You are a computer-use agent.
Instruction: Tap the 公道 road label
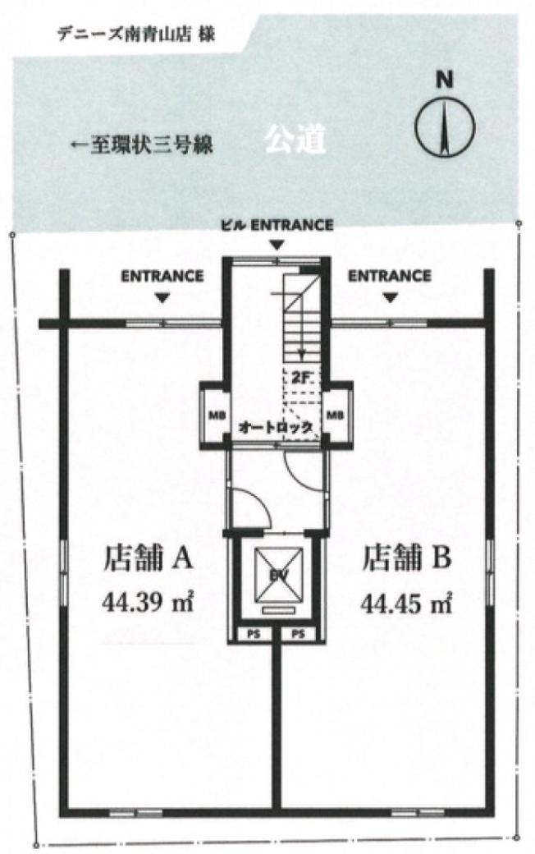[x=295, y=140]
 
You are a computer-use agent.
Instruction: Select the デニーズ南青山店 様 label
[x=136, y=34]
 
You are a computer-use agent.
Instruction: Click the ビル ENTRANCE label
[x=277, y=225]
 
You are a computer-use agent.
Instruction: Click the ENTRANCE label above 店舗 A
[x=162, y=276]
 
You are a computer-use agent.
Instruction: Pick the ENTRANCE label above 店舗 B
[x=390, y=276]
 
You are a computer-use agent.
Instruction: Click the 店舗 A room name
[x=148, y=559]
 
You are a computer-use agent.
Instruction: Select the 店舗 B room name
[x=407, y=559]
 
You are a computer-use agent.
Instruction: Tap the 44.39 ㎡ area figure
[x=148, y=603]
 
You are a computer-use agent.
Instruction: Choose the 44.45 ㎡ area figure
[x=407, y=603]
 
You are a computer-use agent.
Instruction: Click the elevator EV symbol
[x=279, y=574]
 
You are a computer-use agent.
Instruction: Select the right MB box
[x=336, y=415]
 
